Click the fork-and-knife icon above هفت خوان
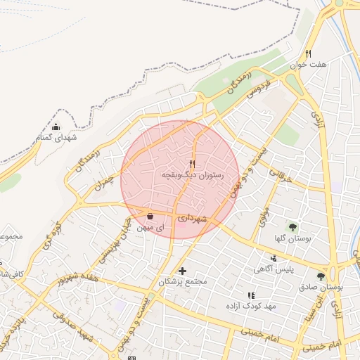tap(308, 53)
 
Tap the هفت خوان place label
tap(311, 65)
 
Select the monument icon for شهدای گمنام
tap(56, 127)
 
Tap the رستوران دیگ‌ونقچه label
tap(193, 174)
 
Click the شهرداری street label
tap(192, 219)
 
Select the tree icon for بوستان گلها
tap(292, 227)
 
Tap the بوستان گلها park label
tap(292, 238)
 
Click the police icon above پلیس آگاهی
tap(274, 258)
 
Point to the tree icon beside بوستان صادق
tap(321, 277)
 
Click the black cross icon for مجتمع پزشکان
tap(183, 271)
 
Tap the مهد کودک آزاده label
tap(250, 307)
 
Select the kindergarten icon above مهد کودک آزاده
tap(250, 296)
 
